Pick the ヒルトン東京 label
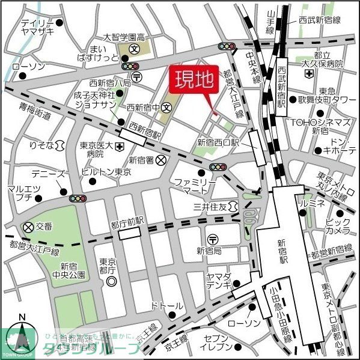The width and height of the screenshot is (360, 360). pyautogui.click(x=106, y=171)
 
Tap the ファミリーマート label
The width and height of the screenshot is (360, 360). pyautogui.click(x=191, y=186)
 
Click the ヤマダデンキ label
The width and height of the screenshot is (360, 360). pyautogui.click(x=218, y=280)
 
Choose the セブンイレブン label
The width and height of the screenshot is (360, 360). pyautogui.click(x=218, y=343)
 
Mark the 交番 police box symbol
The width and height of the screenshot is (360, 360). pyautogui.click(x=28, y=227)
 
